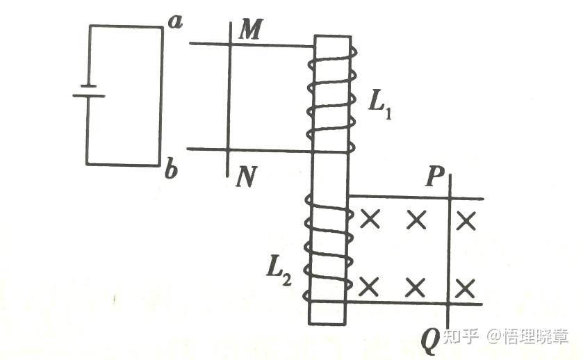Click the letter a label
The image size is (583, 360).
[175, 22]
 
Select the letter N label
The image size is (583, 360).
[245, 178]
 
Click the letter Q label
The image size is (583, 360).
[430, 341]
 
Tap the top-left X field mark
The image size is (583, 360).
[370, 220]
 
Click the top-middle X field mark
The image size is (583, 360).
[416, 220]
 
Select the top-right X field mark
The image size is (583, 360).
[466, 220]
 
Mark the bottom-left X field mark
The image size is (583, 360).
[370, 286]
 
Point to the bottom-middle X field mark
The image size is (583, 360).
[416, 286]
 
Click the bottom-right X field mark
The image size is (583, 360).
[466, 286]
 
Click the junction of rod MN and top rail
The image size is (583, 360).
[230, 44]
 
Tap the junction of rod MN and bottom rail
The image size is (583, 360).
[229, 149]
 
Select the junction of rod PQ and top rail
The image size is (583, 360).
[450, 198]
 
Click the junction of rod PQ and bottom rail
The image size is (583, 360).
[450, 303]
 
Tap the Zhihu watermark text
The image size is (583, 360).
[507, 336]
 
